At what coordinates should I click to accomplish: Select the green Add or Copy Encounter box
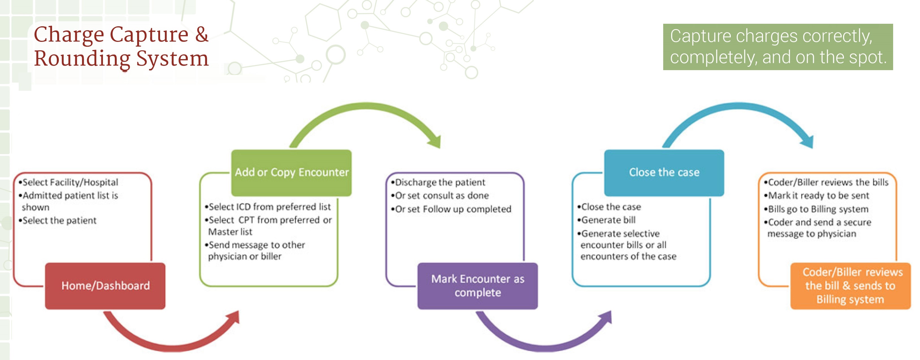coord(291,173)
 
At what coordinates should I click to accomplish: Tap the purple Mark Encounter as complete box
coord(477,286)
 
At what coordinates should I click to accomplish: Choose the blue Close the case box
coord(664,173)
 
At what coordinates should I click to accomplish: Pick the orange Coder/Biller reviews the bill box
coord(850,286)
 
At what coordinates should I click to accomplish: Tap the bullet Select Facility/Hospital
coord(68,182)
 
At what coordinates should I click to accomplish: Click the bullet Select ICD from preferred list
coord(268,207)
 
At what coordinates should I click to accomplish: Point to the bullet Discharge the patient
coord(438,182)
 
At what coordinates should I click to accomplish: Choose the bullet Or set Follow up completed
coord(451,209)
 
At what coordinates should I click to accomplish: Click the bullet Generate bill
coord(606,220)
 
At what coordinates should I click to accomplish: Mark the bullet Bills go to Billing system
coord(816,209)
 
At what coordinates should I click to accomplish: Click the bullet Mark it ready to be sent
coord(816,195)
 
